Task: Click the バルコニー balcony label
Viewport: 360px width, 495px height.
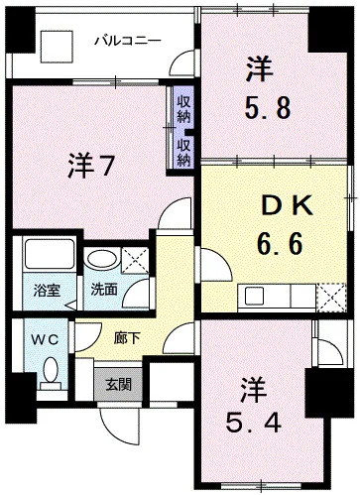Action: point(127,41)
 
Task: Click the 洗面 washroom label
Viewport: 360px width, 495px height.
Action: point(102,292)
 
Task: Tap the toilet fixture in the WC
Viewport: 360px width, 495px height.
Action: point(50,374)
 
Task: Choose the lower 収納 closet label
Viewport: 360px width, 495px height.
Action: point(184,152)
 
